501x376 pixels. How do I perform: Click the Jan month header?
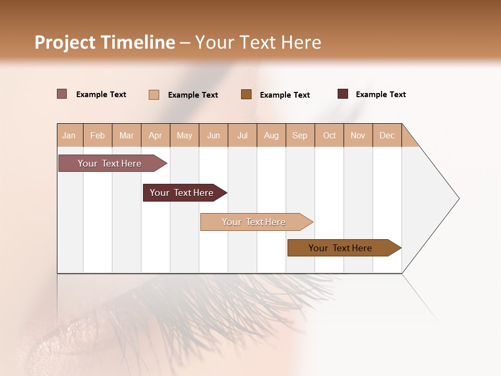tap(69, 135)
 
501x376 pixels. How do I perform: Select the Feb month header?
tap(98, 135)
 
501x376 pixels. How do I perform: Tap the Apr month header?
tap(156, 135)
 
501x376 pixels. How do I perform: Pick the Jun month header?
tap(213, 135)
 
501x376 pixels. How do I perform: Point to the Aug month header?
tap(271, 135)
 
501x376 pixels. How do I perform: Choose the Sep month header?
tap(300, 135)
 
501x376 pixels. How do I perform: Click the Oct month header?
tap(329, 135)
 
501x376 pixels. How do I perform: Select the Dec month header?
tap(387, 135)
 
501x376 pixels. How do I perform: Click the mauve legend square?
tap(62, 94)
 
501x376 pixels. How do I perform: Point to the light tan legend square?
tap(154, 95)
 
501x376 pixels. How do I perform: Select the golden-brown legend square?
tap(246, 94)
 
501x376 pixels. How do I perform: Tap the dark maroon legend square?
tap(343, 94)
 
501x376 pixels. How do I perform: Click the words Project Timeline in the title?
tap(104, 42)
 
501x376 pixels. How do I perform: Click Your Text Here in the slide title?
tap(258, 42)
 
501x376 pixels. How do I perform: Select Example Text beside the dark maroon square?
tap(380, 95)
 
